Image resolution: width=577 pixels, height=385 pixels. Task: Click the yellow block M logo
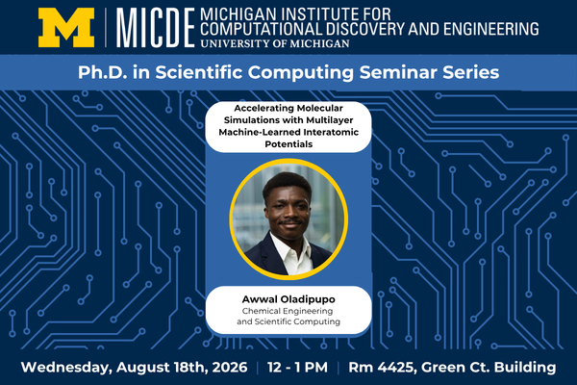(x=66, y=28)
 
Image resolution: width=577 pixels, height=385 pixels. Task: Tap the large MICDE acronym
(x=155, y=28)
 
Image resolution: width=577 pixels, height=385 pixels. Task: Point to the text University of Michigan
(x=275, y=43)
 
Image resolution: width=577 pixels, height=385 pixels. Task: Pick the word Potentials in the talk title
(x=288, y=144)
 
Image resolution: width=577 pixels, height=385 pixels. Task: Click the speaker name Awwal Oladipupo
(x=288, y=299)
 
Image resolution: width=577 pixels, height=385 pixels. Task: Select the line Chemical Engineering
(x=288, y=311)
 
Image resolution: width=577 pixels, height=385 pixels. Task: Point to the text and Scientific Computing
(x=288, y=321)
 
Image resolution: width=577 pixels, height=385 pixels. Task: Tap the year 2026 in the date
(x=230, y=368)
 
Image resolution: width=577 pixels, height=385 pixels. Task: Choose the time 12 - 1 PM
(x=297, y=368)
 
